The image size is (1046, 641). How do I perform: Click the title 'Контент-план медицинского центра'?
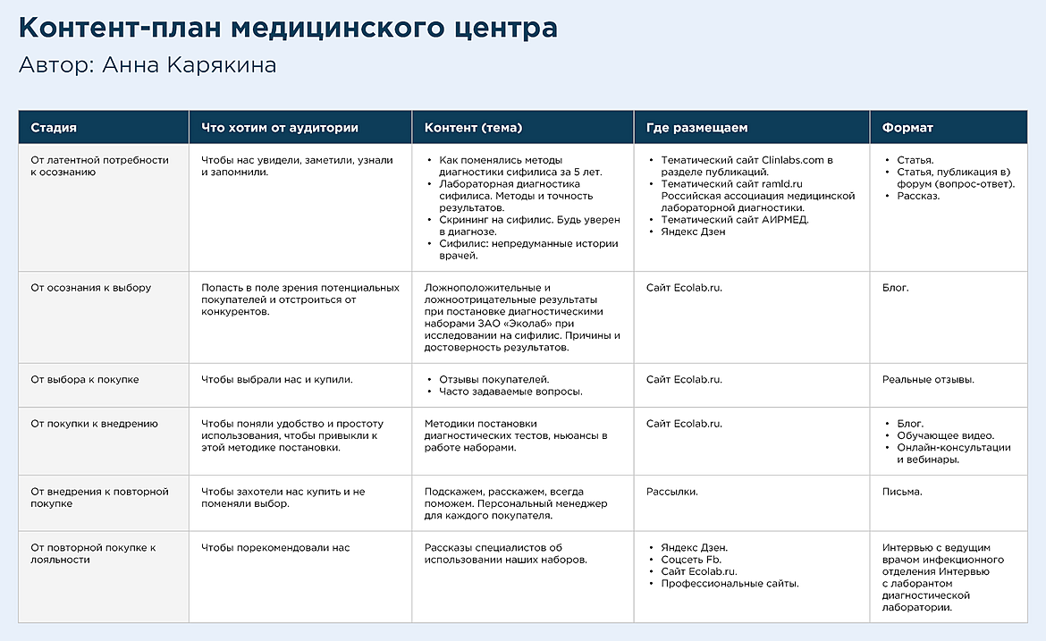(288, 29)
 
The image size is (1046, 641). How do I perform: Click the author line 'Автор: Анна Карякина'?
(148, 65)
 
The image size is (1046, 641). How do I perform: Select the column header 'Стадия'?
(54, 128)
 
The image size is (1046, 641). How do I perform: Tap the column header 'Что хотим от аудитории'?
(280, 128)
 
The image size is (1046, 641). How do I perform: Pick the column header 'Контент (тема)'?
(473, 128)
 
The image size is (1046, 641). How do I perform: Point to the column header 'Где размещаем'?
(696, 128)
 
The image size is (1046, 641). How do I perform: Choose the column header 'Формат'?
(907, 128)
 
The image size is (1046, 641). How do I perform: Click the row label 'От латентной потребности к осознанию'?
(99, 166)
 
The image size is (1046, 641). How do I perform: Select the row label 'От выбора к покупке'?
(85, 379)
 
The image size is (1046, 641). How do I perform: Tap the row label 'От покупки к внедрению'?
(94, 424)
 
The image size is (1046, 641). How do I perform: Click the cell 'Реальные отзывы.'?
(928, 379)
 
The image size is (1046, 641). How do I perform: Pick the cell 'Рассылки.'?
(672, 492)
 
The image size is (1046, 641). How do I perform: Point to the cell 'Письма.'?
(902, 492)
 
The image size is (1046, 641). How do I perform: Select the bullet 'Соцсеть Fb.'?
(692, 560)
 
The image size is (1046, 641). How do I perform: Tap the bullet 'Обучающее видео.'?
(946, 435)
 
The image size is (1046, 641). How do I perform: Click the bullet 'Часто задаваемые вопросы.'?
(510, 391)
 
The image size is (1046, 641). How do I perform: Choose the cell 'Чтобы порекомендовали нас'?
(275, 548)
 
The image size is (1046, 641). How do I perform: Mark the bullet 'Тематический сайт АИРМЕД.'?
(735, 220)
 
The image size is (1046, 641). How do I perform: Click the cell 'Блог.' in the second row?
(895, 288)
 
